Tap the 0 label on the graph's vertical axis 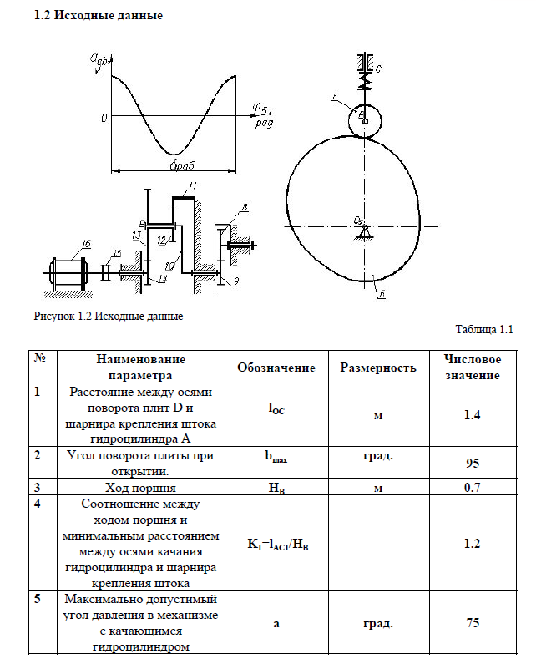point(104,118)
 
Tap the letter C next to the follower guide point(377,68)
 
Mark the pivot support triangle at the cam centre point(366,231)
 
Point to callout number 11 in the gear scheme point(193,185)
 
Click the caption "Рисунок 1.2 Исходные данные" point(108,317)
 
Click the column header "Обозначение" point(276,368)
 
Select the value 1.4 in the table point(472,413)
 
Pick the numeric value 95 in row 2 point(473,463)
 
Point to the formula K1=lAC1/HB point(276,544)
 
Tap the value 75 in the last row point(473,623)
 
